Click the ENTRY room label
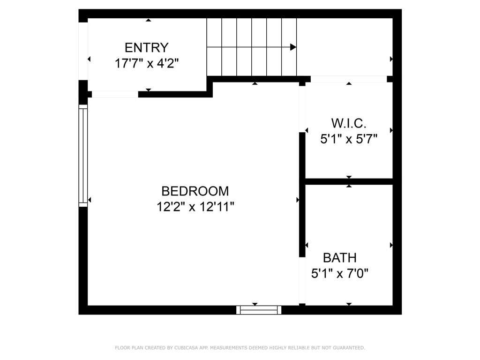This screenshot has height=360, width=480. point(146,47)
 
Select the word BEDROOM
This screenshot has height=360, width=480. point(195,191)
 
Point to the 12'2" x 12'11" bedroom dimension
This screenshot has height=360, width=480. point(195,207)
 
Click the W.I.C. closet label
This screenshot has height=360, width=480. point(349,123)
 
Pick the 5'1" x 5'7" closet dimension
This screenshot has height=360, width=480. point(349,139)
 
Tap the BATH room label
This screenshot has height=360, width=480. point(340,257)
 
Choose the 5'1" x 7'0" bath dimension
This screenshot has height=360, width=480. point(340,273)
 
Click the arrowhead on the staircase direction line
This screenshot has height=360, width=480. point(293,47)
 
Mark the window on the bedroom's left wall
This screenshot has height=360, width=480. point(83,155)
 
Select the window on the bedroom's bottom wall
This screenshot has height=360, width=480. point(259,310)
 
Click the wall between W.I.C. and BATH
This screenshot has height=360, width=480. point(349,181)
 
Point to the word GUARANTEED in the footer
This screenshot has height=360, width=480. point(348,348)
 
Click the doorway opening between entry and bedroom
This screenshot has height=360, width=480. point(115,94)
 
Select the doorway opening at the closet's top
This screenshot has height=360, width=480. point(349,79)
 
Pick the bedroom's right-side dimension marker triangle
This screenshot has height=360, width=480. point(298,200)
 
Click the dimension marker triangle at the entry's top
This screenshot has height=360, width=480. point(149,20)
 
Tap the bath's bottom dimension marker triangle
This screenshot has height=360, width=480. point(349,304)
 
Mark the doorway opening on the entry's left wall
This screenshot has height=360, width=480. point(83,51)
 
